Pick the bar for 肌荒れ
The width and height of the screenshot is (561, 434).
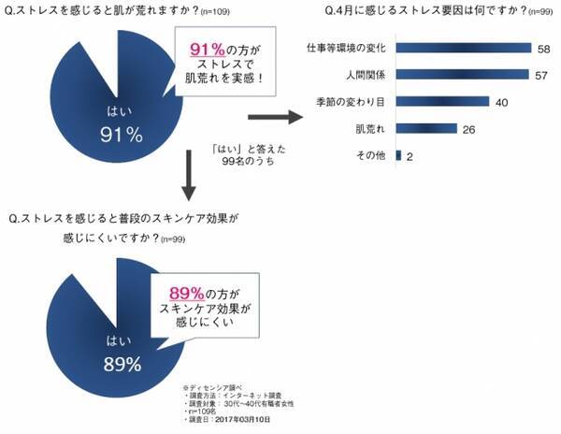click(x=426, y=128)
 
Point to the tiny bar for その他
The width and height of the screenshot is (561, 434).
click(x=399, y=155)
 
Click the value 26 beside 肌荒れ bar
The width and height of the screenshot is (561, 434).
click(x=470, y=129)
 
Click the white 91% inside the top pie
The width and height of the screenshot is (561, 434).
click(x=121, y=135)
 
